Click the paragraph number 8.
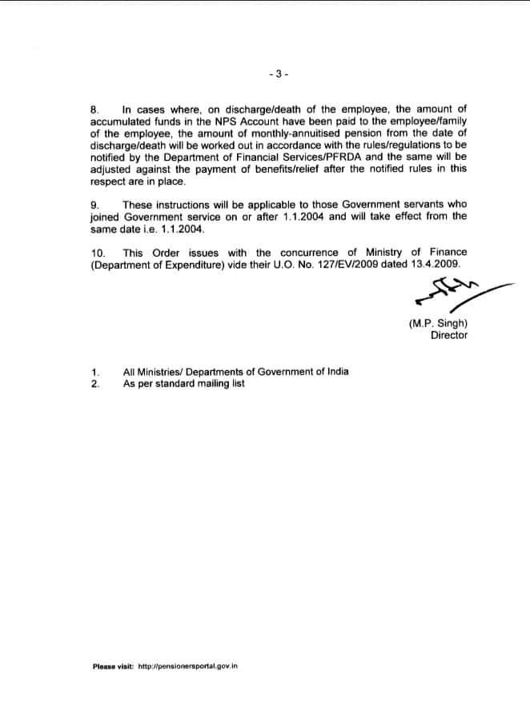click(x=94, y=107)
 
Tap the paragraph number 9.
click(x=94, y=205)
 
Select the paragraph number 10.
click(x=97, y=253)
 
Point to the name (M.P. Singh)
click(x=438, y=324)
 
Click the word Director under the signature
click(x=449, y=335)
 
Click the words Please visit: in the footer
click(x=113, y=665)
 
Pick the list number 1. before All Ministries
click(x=95, y=372)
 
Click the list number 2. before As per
click(x=95, y=383)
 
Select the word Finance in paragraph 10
click(x=449, y=253)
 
